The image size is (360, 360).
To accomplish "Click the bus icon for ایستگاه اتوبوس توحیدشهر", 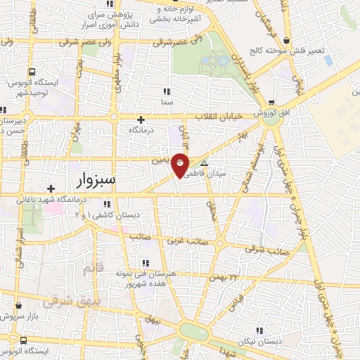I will click(x=32, y=72).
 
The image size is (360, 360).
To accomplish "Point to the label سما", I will click(x=167, y=103).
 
